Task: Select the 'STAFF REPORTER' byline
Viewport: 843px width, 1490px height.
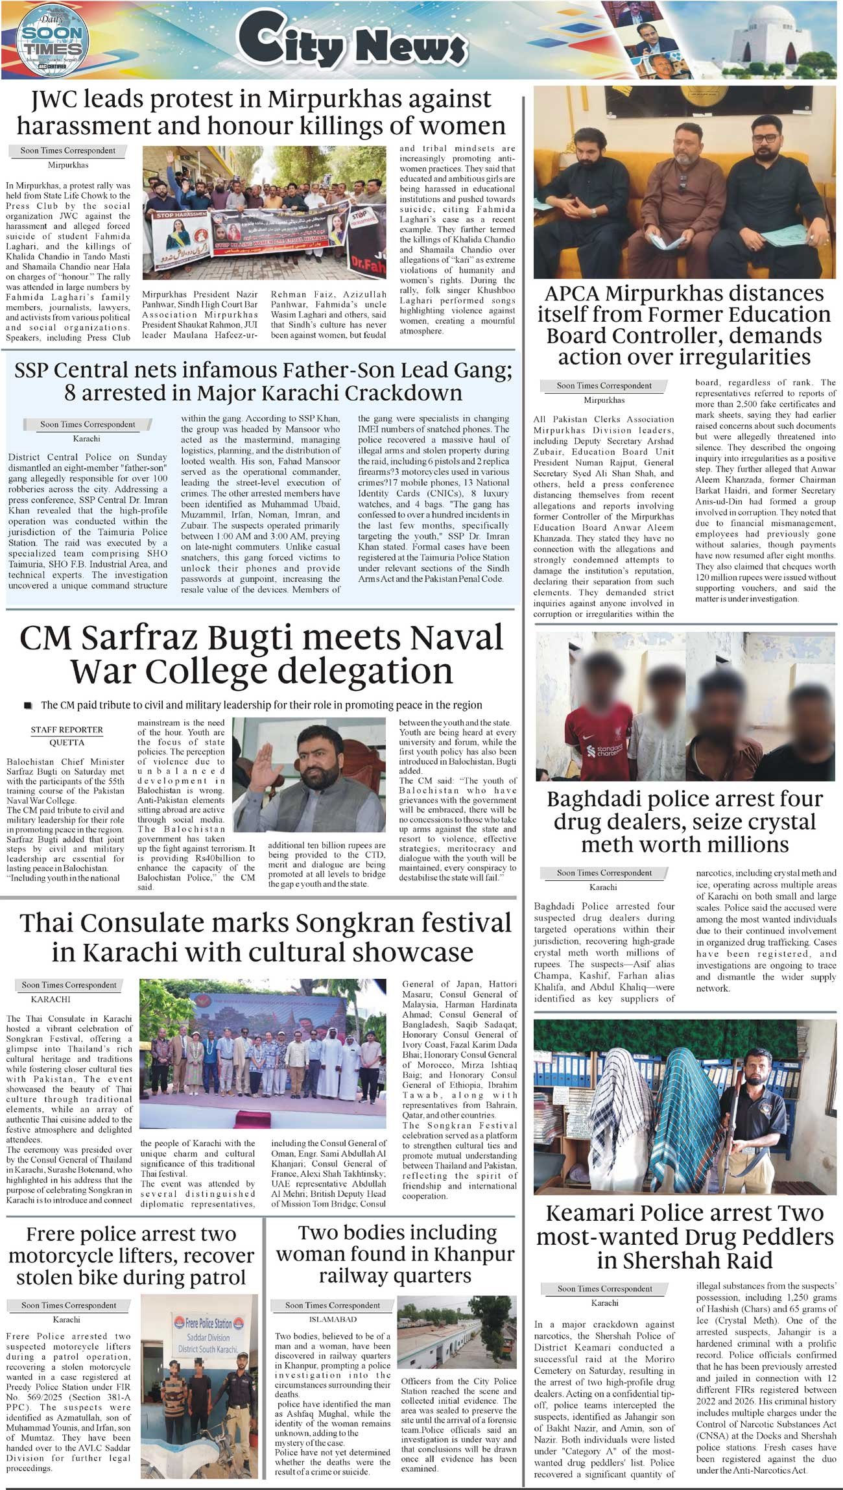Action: [x=67, y=730]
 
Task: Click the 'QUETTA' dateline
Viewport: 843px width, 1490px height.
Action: [x=67, y=742]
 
